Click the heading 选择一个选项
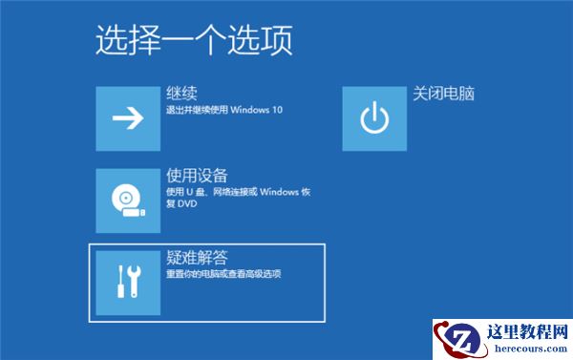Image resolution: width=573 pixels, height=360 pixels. coord(194,39)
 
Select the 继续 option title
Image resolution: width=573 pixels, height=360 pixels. coord(181,94)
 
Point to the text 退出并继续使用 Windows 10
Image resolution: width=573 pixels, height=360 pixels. coord(224,110)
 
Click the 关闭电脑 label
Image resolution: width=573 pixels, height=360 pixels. coord(444,94)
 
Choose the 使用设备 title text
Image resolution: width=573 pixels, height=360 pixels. coord(197,176)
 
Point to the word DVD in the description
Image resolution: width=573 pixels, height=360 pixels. coord(187,203)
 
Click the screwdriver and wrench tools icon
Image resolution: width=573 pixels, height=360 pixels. coord(127,281)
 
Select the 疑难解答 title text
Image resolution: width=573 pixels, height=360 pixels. coord(197,258)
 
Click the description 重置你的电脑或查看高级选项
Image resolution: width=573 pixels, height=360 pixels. coord(223,275)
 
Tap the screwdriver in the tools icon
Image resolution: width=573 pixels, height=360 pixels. coord(120,281)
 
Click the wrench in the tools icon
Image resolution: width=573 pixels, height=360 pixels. coord(135,281)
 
